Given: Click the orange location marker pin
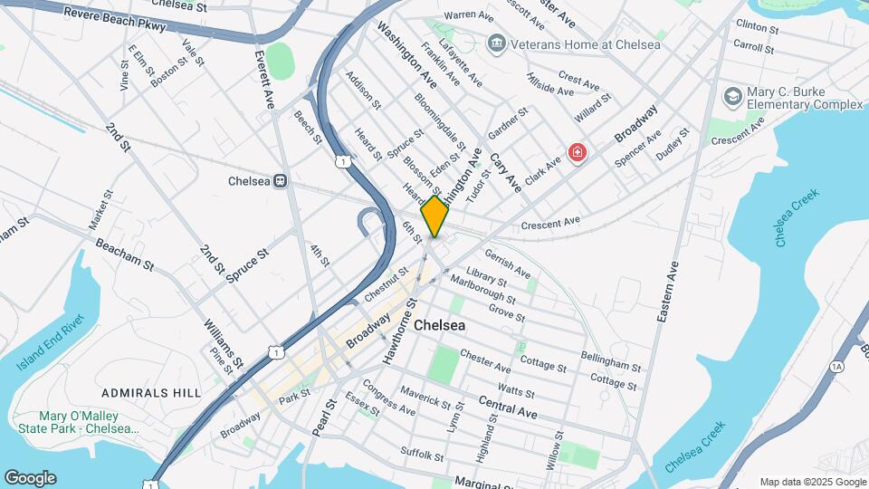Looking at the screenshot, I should (x=434, y=216).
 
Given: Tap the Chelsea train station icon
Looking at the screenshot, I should (x=281, y=180).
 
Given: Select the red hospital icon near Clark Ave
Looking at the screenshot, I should (x=576, y=151).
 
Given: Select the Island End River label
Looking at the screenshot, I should (x=49, y=343).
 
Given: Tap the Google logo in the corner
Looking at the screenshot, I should (x=29, y=477).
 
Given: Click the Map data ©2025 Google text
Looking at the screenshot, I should (x=811, y=482).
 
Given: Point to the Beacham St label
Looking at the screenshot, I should (x=125, y=253).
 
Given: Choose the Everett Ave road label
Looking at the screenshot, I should (x=263, y=79).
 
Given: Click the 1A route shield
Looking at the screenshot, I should (x=836, y=367).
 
